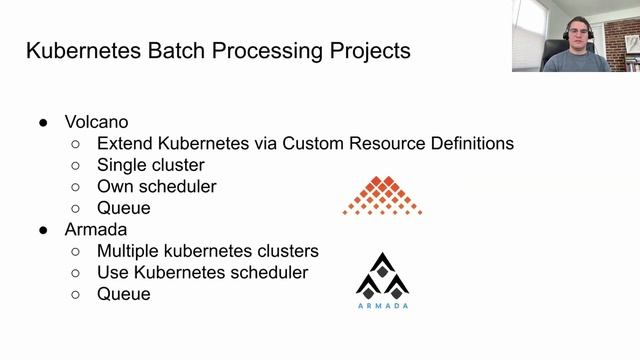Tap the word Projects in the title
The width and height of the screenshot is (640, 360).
pyautogui.click(x=360, y=51)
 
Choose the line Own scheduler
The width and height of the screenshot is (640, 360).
pyautogui.click(x=156, y=186)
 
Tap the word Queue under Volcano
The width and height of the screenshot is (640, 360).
pyautogui.click(x=124, y=208)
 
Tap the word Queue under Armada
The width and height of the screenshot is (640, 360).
pyautogui.click(x=124, y=294)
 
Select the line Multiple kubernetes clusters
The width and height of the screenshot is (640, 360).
pyautogui.click(x=208, y=251)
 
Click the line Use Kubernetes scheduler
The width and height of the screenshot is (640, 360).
pyautogui.click(x=202, y=272)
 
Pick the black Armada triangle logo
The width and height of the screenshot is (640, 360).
pyautogui.click(x=382, y=274)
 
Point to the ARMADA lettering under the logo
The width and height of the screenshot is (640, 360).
pyautogui.click(x=382, y=305)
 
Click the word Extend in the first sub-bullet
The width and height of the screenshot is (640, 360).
pyautogui.click(x=124, y=143)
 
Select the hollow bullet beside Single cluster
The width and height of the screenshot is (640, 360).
pyautogui.click(x=76, y=165)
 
